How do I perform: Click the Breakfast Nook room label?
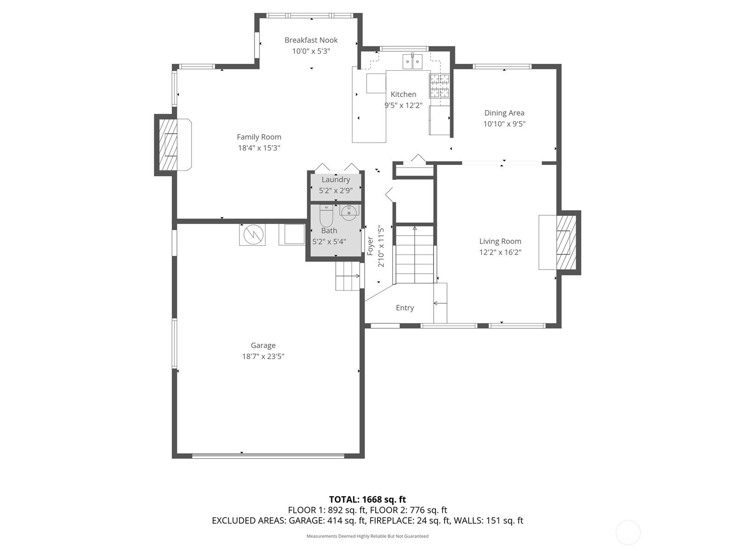[x=311, y=40]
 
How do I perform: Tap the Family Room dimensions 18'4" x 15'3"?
[x=259, y=148]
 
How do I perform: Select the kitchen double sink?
[x=413, y=61]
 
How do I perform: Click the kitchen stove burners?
[x=439, y=86]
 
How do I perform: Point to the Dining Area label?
[x=504, y=113]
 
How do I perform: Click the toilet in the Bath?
[x=326, y=216]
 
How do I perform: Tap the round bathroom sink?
[x=349, y=213]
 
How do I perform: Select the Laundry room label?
[x=336, y=180]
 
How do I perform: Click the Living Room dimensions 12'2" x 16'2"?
[x=500, y=252]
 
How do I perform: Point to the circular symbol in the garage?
[x=252, y=235]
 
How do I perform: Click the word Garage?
[x=263, y=346]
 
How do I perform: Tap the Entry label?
[x=405, y=308]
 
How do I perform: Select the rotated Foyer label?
[x=370, y=246]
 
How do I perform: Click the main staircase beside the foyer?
[x=414, y=254]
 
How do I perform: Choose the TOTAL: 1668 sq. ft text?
[x=367, y=500]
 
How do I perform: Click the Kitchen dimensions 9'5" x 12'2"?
[x=403, y=106]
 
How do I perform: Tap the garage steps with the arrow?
[x=348, y=276]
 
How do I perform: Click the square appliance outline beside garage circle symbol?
[x=292, y=234]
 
